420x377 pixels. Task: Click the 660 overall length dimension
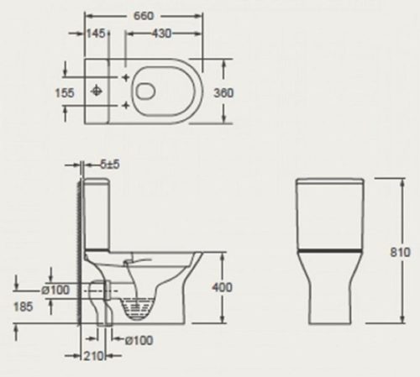pyautogui.click(x=144, y=16)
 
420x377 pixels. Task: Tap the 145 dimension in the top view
pyautogui.click(x=96, y=34)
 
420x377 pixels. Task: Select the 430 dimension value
pyautogui.click(x=161, y=34)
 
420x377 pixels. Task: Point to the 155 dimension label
pyautogui.click(x=65, y=93)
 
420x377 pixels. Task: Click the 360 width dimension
pyautogui.click(x=223, y=93)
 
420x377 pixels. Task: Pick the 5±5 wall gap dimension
pyautogui.click(x=110, y=165)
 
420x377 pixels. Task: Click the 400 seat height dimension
pyautogui.click(x=222, y=287)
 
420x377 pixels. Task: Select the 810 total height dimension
pyautogui.click(x=401, y=252)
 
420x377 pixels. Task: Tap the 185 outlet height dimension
pyautogui.click(x=24, y=306)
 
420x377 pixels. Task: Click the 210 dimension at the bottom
pyautogui.click(x=94, y=356)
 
